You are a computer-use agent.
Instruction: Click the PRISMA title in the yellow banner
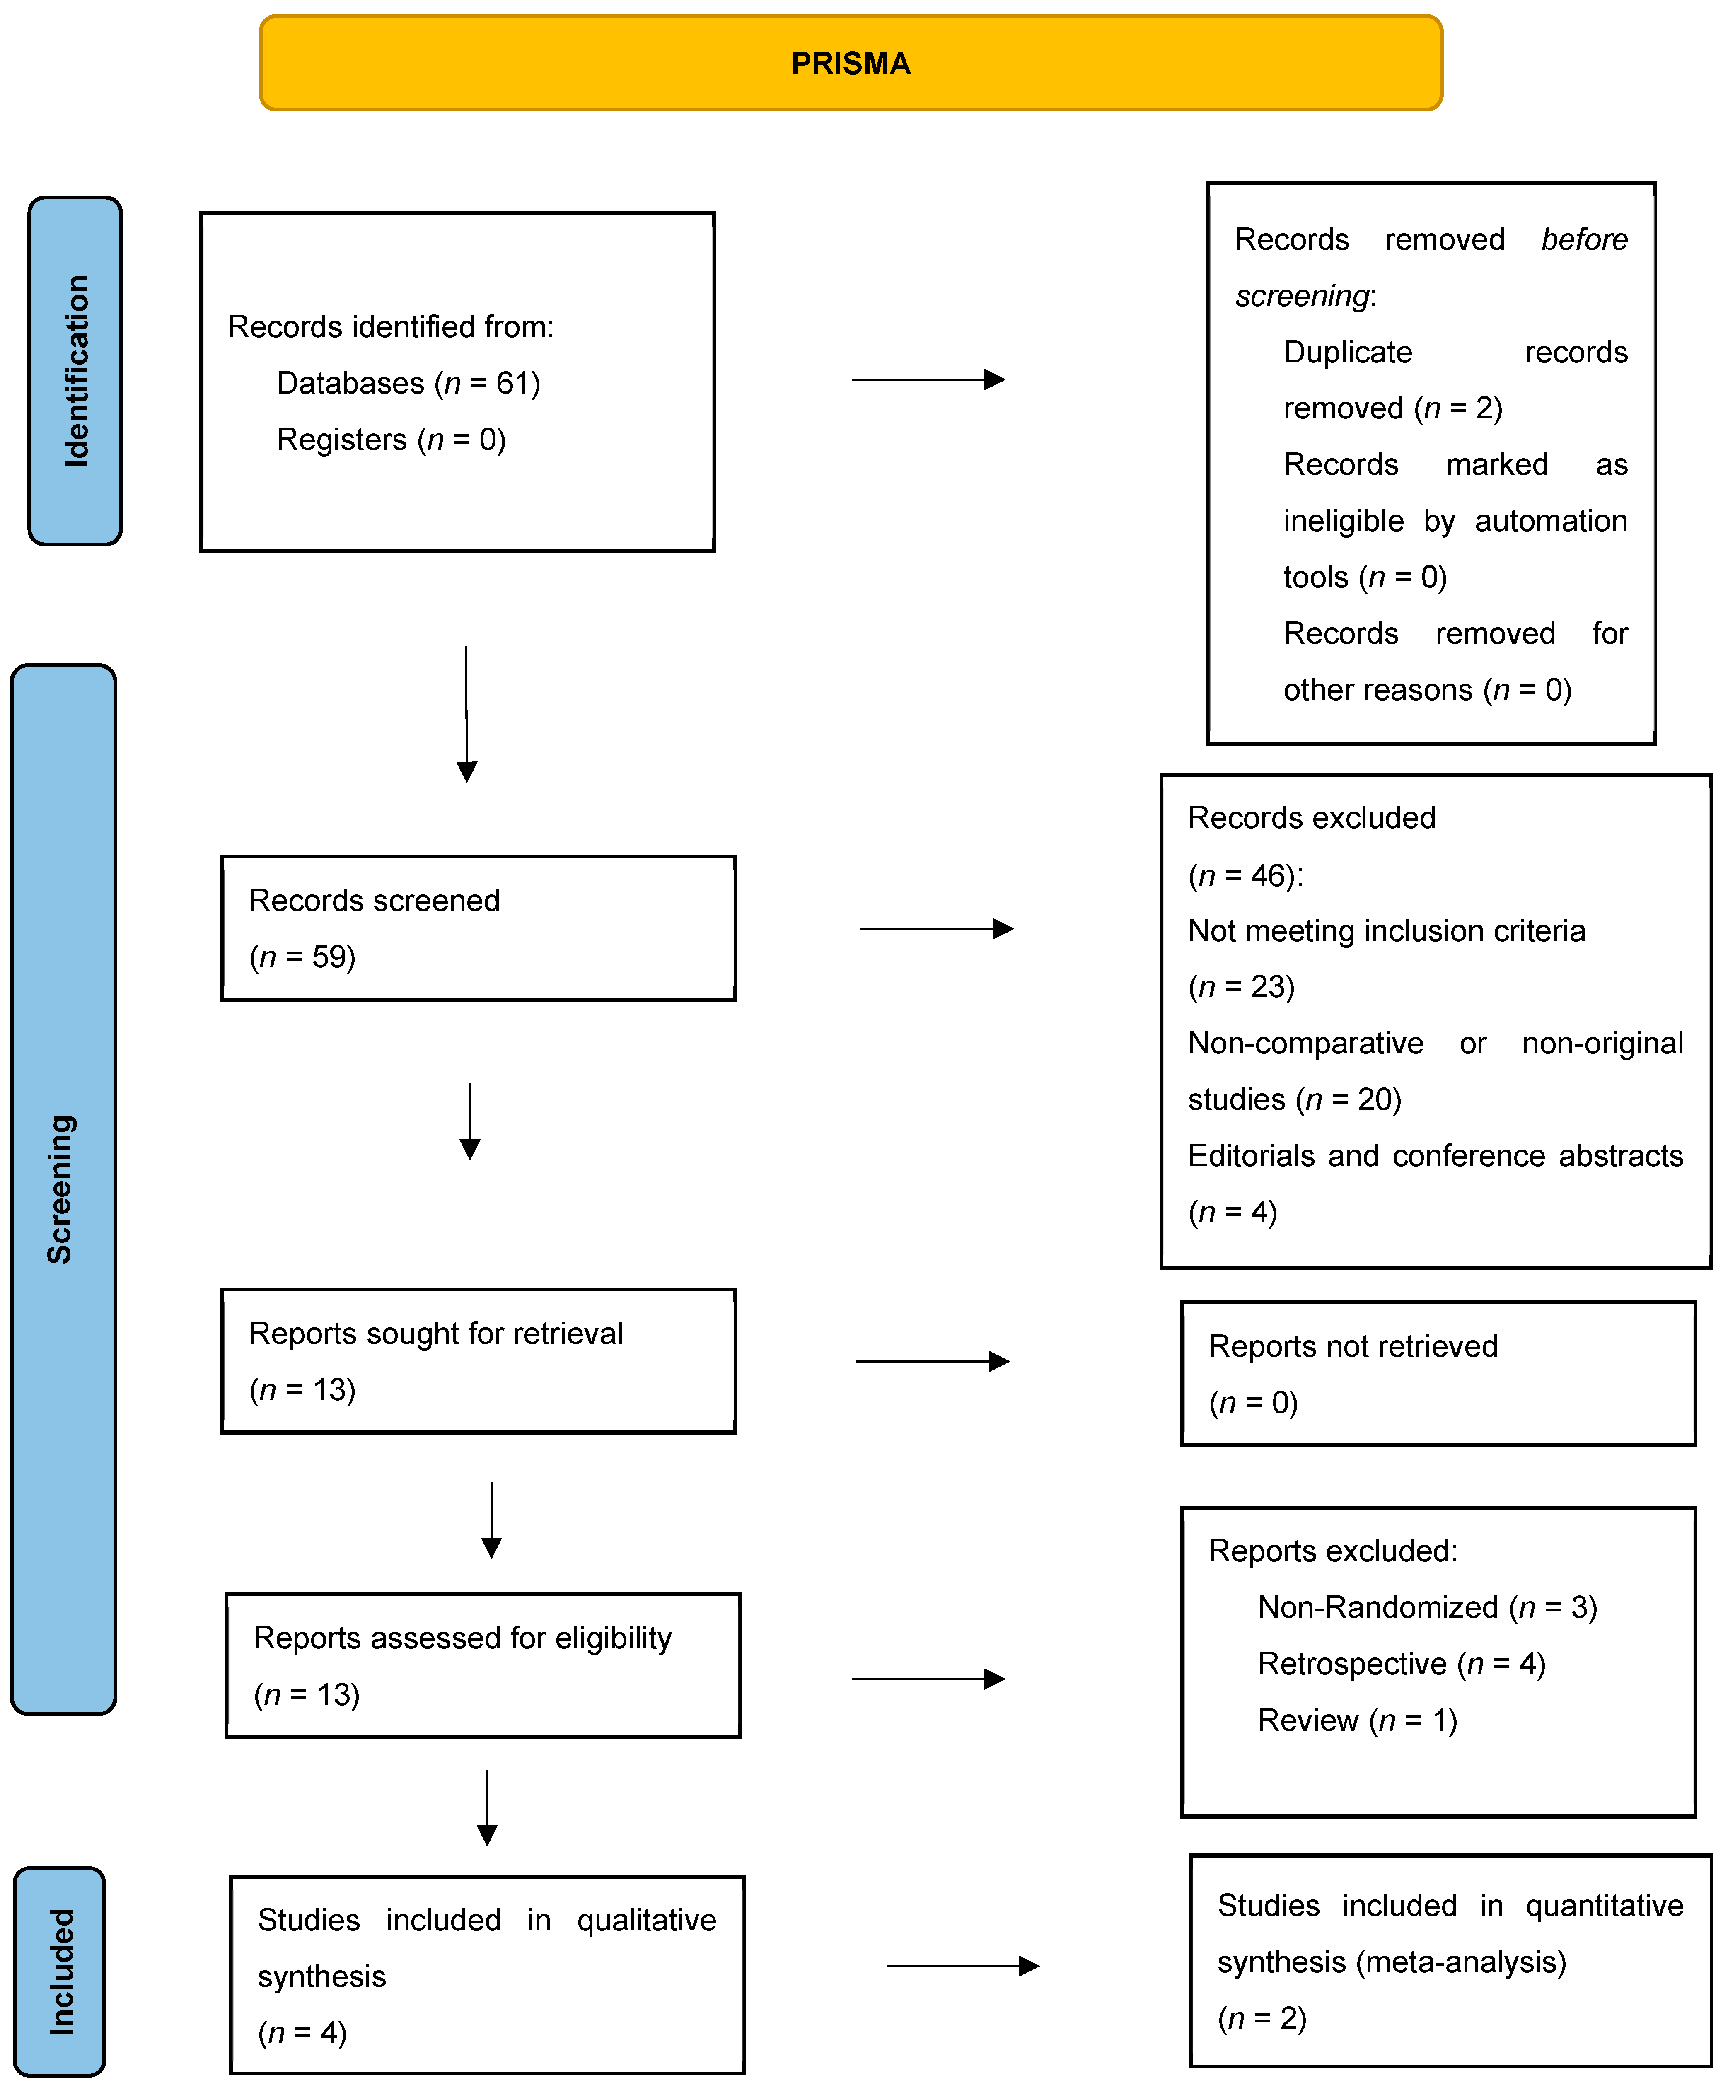pos(850,63)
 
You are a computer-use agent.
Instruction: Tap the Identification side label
pos(75,370)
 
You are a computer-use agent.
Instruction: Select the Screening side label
pos(62,1189)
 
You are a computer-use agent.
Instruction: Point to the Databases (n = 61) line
pos(408,383)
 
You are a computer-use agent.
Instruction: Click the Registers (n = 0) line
pos(391,440)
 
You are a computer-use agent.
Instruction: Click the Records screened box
pos(478,927)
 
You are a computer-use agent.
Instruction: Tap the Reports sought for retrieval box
pos(478,1360)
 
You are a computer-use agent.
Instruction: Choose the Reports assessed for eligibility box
pos(483,1665)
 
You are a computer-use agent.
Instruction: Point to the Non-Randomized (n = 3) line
pos(1427,1607)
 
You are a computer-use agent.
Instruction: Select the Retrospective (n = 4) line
pos(1401,1664)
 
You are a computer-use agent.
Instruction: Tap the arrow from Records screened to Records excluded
pos(935,928)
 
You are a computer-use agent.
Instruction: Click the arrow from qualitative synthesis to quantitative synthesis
pos(961,1966)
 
